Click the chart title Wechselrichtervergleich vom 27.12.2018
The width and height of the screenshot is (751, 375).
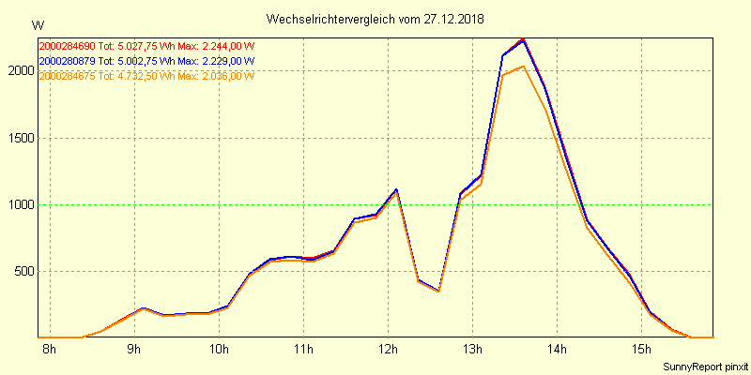(375, 19)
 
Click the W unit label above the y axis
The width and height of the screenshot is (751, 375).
(38, 25)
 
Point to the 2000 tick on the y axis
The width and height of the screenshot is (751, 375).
(19, 71)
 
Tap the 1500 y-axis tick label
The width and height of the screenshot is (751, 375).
(19, 138)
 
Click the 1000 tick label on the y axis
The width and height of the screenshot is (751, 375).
(19, 204)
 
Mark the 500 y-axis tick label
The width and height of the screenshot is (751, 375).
(22, 272)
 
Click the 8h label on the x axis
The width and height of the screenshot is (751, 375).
(50, 350)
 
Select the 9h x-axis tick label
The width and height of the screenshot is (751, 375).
(135, 350)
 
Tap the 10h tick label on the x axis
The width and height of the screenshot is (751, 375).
(220, 350)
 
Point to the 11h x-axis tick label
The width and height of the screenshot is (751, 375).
(303, 350)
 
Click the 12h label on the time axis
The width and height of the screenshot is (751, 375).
(388, 350)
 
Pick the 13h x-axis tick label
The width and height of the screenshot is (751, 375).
(472, 350)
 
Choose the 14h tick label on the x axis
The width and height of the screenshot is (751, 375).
(557, 350)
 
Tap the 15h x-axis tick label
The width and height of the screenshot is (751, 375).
(641, 350)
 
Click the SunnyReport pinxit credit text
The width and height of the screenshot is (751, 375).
(705, 366)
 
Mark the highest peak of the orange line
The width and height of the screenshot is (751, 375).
(523, 66)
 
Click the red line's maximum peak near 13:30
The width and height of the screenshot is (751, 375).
(523, 38)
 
